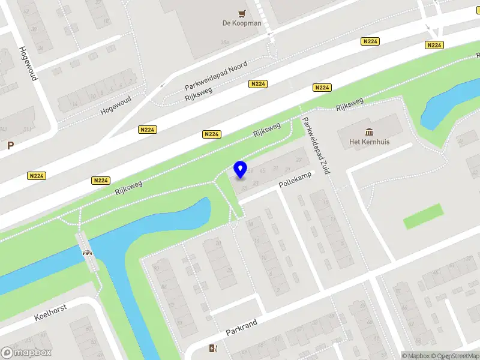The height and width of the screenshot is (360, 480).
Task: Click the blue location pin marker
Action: pos(241,170)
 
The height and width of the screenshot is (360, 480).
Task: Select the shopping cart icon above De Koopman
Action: pos(241,13)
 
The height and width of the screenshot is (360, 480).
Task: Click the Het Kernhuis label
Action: pos(367,143)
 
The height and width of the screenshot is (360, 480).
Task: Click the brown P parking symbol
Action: pos(10,145)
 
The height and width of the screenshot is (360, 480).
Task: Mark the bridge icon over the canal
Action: pos(88,253)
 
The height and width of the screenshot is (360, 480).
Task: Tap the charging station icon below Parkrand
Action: pos(213,349)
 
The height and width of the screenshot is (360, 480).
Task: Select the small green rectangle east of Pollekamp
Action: pos(423,216)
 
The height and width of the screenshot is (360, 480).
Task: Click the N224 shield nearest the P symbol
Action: pos(37,176)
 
